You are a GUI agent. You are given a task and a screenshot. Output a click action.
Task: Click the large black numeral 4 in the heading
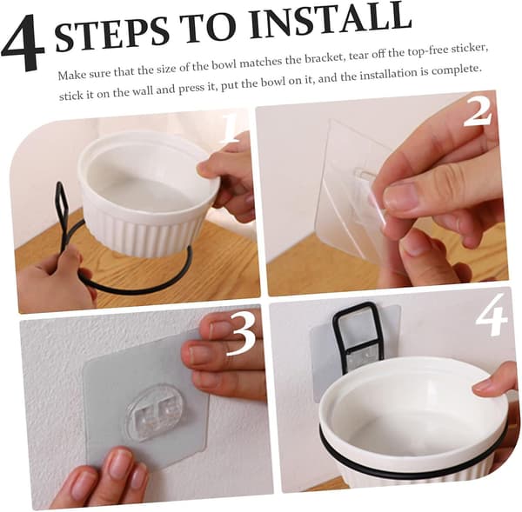coord(23,43)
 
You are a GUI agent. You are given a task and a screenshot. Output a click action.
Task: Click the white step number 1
coord(229,128)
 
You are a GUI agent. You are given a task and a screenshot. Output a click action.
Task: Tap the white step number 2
coord(478,112)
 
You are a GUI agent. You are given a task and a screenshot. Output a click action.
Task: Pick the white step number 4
coord(492,315)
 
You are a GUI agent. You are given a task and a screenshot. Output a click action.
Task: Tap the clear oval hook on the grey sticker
coord(152,413)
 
